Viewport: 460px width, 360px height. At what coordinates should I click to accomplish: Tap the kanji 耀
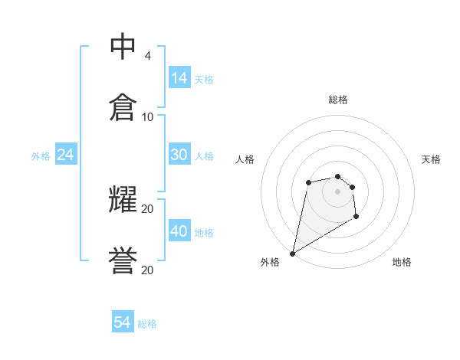tap(123, 199)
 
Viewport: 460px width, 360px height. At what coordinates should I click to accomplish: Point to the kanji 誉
tap(123, 261)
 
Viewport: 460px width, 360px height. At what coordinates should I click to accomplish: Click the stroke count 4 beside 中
tap(147, 56)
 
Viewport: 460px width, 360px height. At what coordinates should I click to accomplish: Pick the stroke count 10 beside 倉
tap(147, 117)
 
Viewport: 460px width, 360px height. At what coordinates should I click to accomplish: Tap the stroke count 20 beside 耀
tap(147, 208)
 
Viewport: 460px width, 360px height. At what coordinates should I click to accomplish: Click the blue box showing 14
tap(179, 78)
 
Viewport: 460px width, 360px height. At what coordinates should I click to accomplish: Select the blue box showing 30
tap(179, 155)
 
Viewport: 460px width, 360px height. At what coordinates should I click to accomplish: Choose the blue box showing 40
tap(179, 231)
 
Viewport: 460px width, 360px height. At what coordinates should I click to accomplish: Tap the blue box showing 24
tap(66, 155)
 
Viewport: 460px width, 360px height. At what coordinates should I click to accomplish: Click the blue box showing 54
tap(123, 323)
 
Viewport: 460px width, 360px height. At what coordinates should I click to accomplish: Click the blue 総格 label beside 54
tap(147, 324)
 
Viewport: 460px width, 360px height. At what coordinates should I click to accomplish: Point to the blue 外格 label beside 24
tap(41, 155)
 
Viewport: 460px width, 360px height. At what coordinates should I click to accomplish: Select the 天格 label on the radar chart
tap(431, 159)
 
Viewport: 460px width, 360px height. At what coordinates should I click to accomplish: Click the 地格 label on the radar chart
tap(402, 262)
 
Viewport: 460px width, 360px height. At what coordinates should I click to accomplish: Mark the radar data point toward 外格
tap(292, 253)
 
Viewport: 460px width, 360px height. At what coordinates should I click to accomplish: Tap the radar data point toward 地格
tap(356, 217)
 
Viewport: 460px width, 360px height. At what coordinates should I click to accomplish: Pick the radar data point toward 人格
tap(308, 182)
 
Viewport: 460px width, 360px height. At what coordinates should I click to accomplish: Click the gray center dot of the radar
tap(337, 191)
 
